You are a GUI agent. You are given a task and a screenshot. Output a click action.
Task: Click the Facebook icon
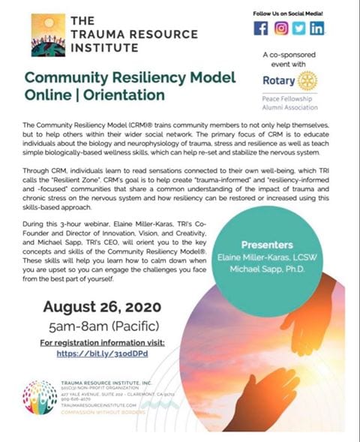coord(261,29)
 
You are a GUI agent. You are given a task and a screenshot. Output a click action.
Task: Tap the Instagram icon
coord(280,29)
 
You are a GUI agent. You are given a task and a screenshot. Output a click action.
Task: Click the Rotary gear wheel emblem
coord(308,80)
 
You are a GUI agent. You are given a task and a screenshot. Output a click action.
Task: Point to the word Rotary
coord(277,81)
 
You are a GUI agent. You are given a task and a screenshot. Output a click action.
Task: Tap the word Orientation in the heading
coord(124,95)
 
